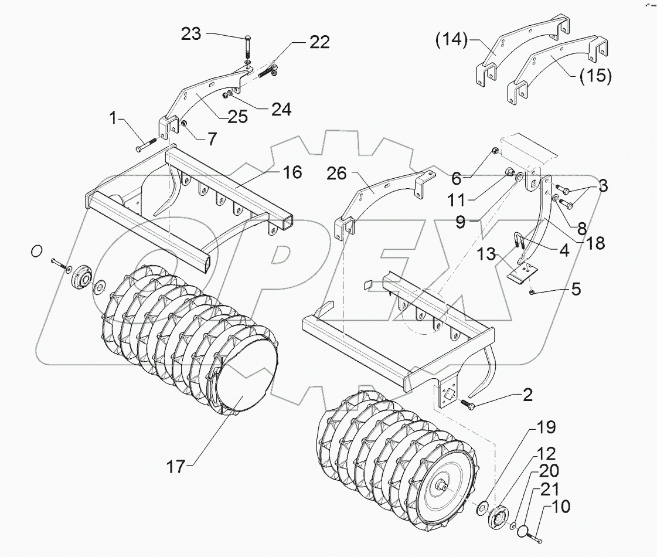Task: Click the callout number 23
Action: [x=191, y=34]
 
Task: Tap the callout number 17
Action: [x=175, y=467]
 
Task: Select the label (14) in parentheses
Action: [x=452, y=40]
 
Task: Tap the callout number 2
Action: [x=527, y=395]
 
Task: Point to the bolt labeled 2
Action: [x=467, y=405]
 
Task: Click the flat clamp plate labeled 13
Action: [x=521, y=273]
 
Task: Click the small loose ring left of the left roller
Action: [x=36, y=251]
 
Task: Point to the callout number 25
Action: [x=238, y=117]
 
